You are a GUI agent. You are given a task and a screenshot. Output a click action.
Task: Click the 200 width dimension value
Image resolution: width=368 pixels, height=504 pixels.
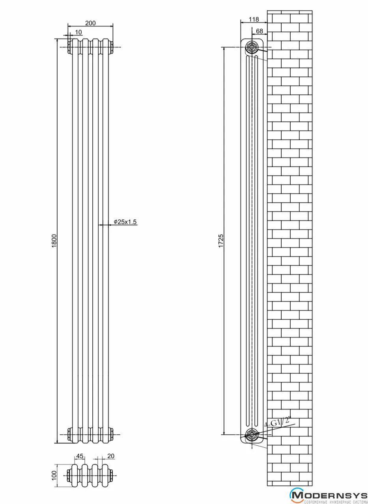[90, 23]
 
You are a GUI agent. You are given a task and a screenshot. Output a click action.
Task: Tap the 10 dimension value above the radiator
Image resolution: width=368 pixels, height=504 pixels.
[78, 32]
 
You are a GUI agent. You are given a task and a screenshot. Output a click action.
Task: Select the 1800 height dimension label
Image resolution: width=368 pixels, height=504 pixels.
[54, 241]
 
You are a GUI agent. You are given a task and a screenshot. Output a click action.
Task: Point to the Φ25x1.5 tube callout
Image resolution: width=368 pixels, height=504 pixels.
[125, 222]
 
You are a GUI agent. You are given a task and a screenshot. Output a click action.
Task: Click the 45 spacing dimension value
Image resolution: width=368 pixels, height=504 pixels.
[80, 456]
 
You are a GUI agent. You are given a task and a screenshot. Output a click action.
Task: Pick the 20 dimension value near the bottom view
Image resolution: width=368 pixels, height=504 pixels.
[111, 456]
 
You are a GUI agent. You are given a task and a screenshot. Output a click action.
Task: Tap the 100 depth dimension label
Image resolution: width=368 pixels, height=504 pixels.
[54, 475]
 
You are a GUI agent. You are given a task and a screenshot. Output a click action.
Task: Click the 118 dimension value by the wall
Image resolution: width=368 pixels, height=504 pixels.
[254, 19]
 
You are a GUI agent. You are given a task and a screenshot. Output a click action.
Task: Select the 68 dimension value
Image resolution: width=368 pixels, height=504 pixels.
[260, 31]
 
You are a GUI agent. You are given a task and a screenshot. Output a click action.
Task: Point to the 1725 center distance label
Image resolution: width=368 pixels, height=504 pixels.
[221, 241]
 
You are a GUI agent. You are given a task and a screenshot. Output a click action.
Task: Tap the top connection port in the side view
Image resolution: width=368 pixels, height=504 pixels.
[252, 47]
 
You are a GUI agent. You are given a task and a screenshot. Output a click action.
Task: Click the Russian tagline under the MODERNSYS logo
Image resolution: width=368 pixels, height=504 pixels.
[336, 502]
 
